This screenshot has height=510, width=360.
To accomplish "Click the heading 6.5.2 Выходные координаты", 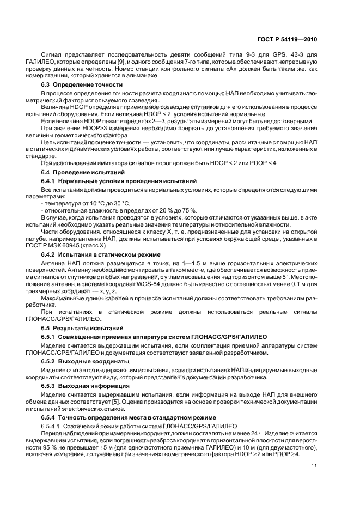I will tap(85, 361).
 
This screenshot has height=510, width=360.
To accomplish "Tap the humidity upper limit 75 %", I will tap(188, 210).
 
